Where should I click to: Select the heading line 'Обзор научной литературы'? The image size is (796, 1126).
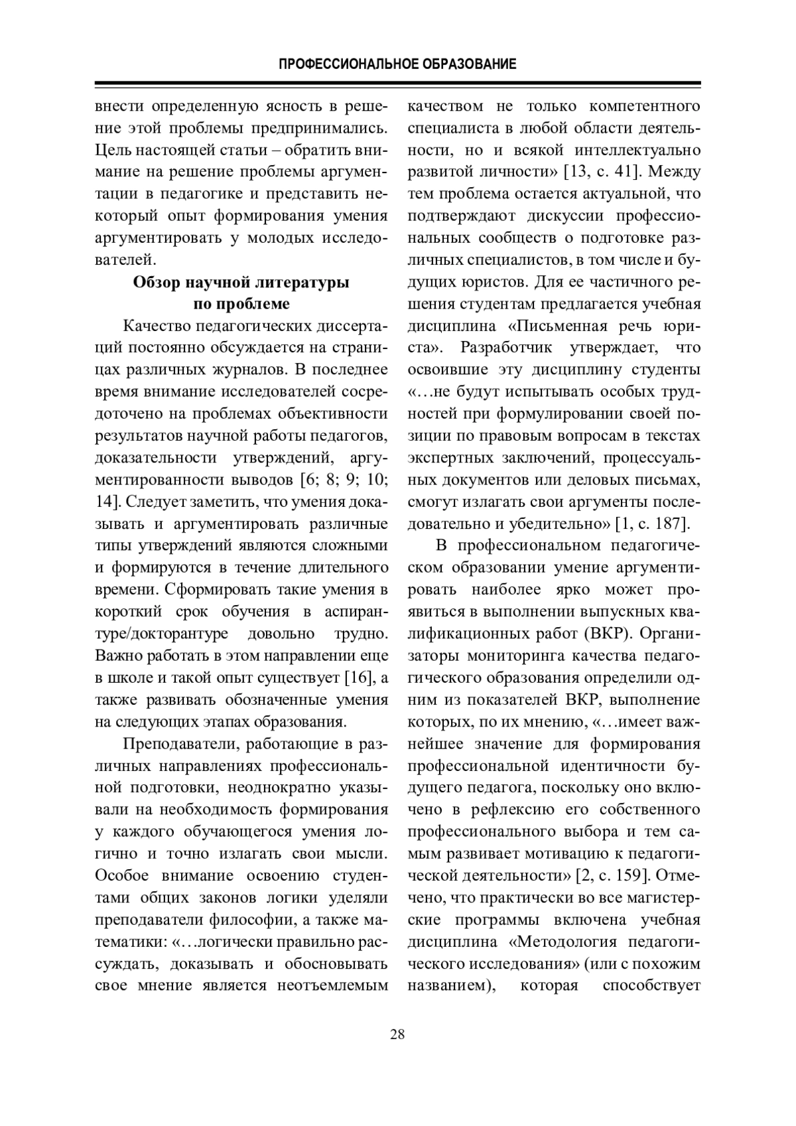(x=241, y=282)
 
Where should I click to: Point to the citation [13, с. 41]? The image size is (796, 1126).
(x=600, y=172)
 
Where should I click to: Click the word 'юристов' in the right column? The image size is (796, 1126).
(x=492, y=282)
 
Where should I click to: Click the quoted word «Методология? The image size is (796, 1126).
(x=563, y=942)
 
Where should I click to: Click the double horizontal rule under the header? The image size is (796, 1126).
(x=398, y=85)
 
